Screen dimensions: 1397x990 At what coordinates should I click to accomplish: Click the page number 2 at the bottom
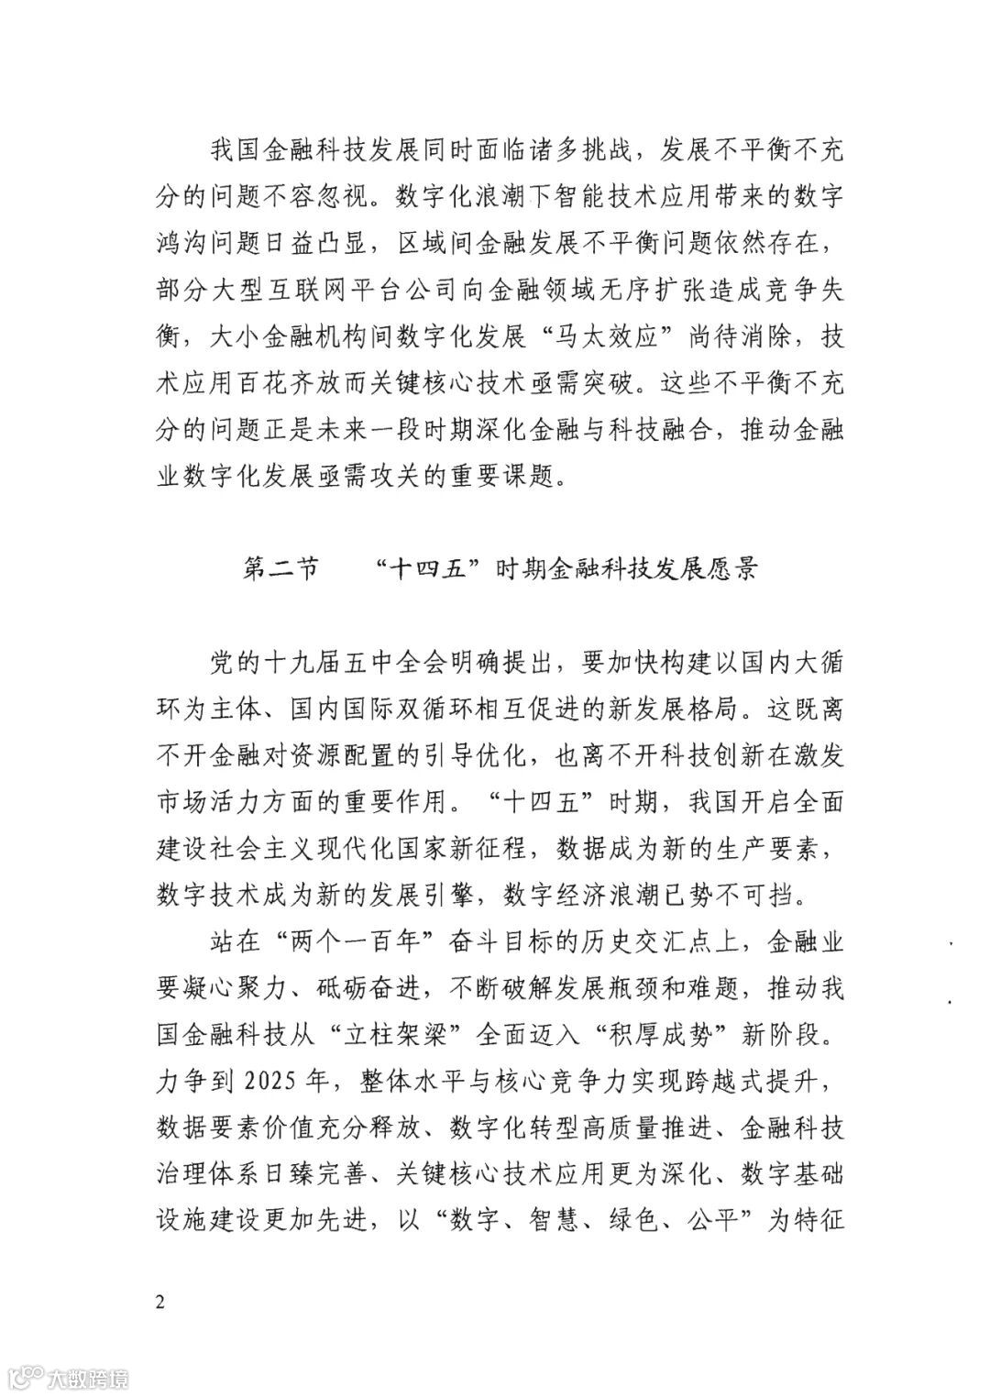(161, 1303)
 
